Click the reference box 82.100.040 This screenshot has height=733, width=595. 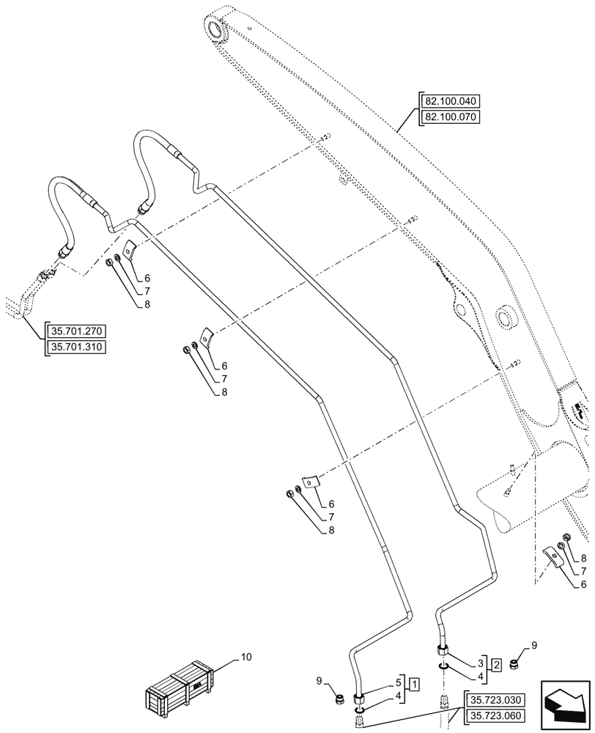tap(449, 102)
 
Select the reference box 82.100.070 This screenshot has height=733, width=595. tap(449, 117)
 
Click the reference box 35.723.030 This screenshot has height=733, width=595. tap(494, 700)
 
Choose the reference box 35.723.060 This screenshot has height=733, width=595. tap(494, 715)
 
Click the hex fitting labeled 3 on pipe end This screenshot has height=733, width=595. tap(443, 649)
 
